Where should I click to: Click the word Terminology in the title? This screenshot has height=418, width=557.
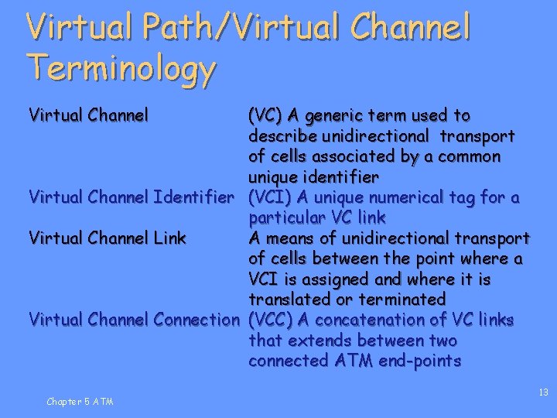coord(121,68)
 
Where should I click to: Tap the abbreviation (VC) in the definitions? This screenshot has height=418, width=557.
coord(265,116)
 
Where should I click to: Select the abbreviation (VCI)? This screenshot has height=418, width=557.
coord(269,197)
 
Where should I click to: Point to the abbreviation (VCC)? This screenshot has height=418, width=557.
coord(269,320)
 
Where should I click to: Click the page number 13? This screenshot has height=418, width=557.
coord(543,392)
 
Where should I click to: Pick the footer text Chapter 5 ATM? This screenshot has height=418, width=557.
coord(80,401)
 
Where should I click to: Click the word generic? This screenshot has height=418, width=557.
coord(336,116)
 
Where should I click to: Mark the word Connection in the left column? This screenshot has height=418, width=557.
coord(197,320)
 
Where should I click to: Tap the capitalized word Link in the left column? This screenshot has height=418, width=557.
coord(169,238)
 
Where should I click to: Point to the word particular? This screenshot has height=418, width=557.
coord(284,218)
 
